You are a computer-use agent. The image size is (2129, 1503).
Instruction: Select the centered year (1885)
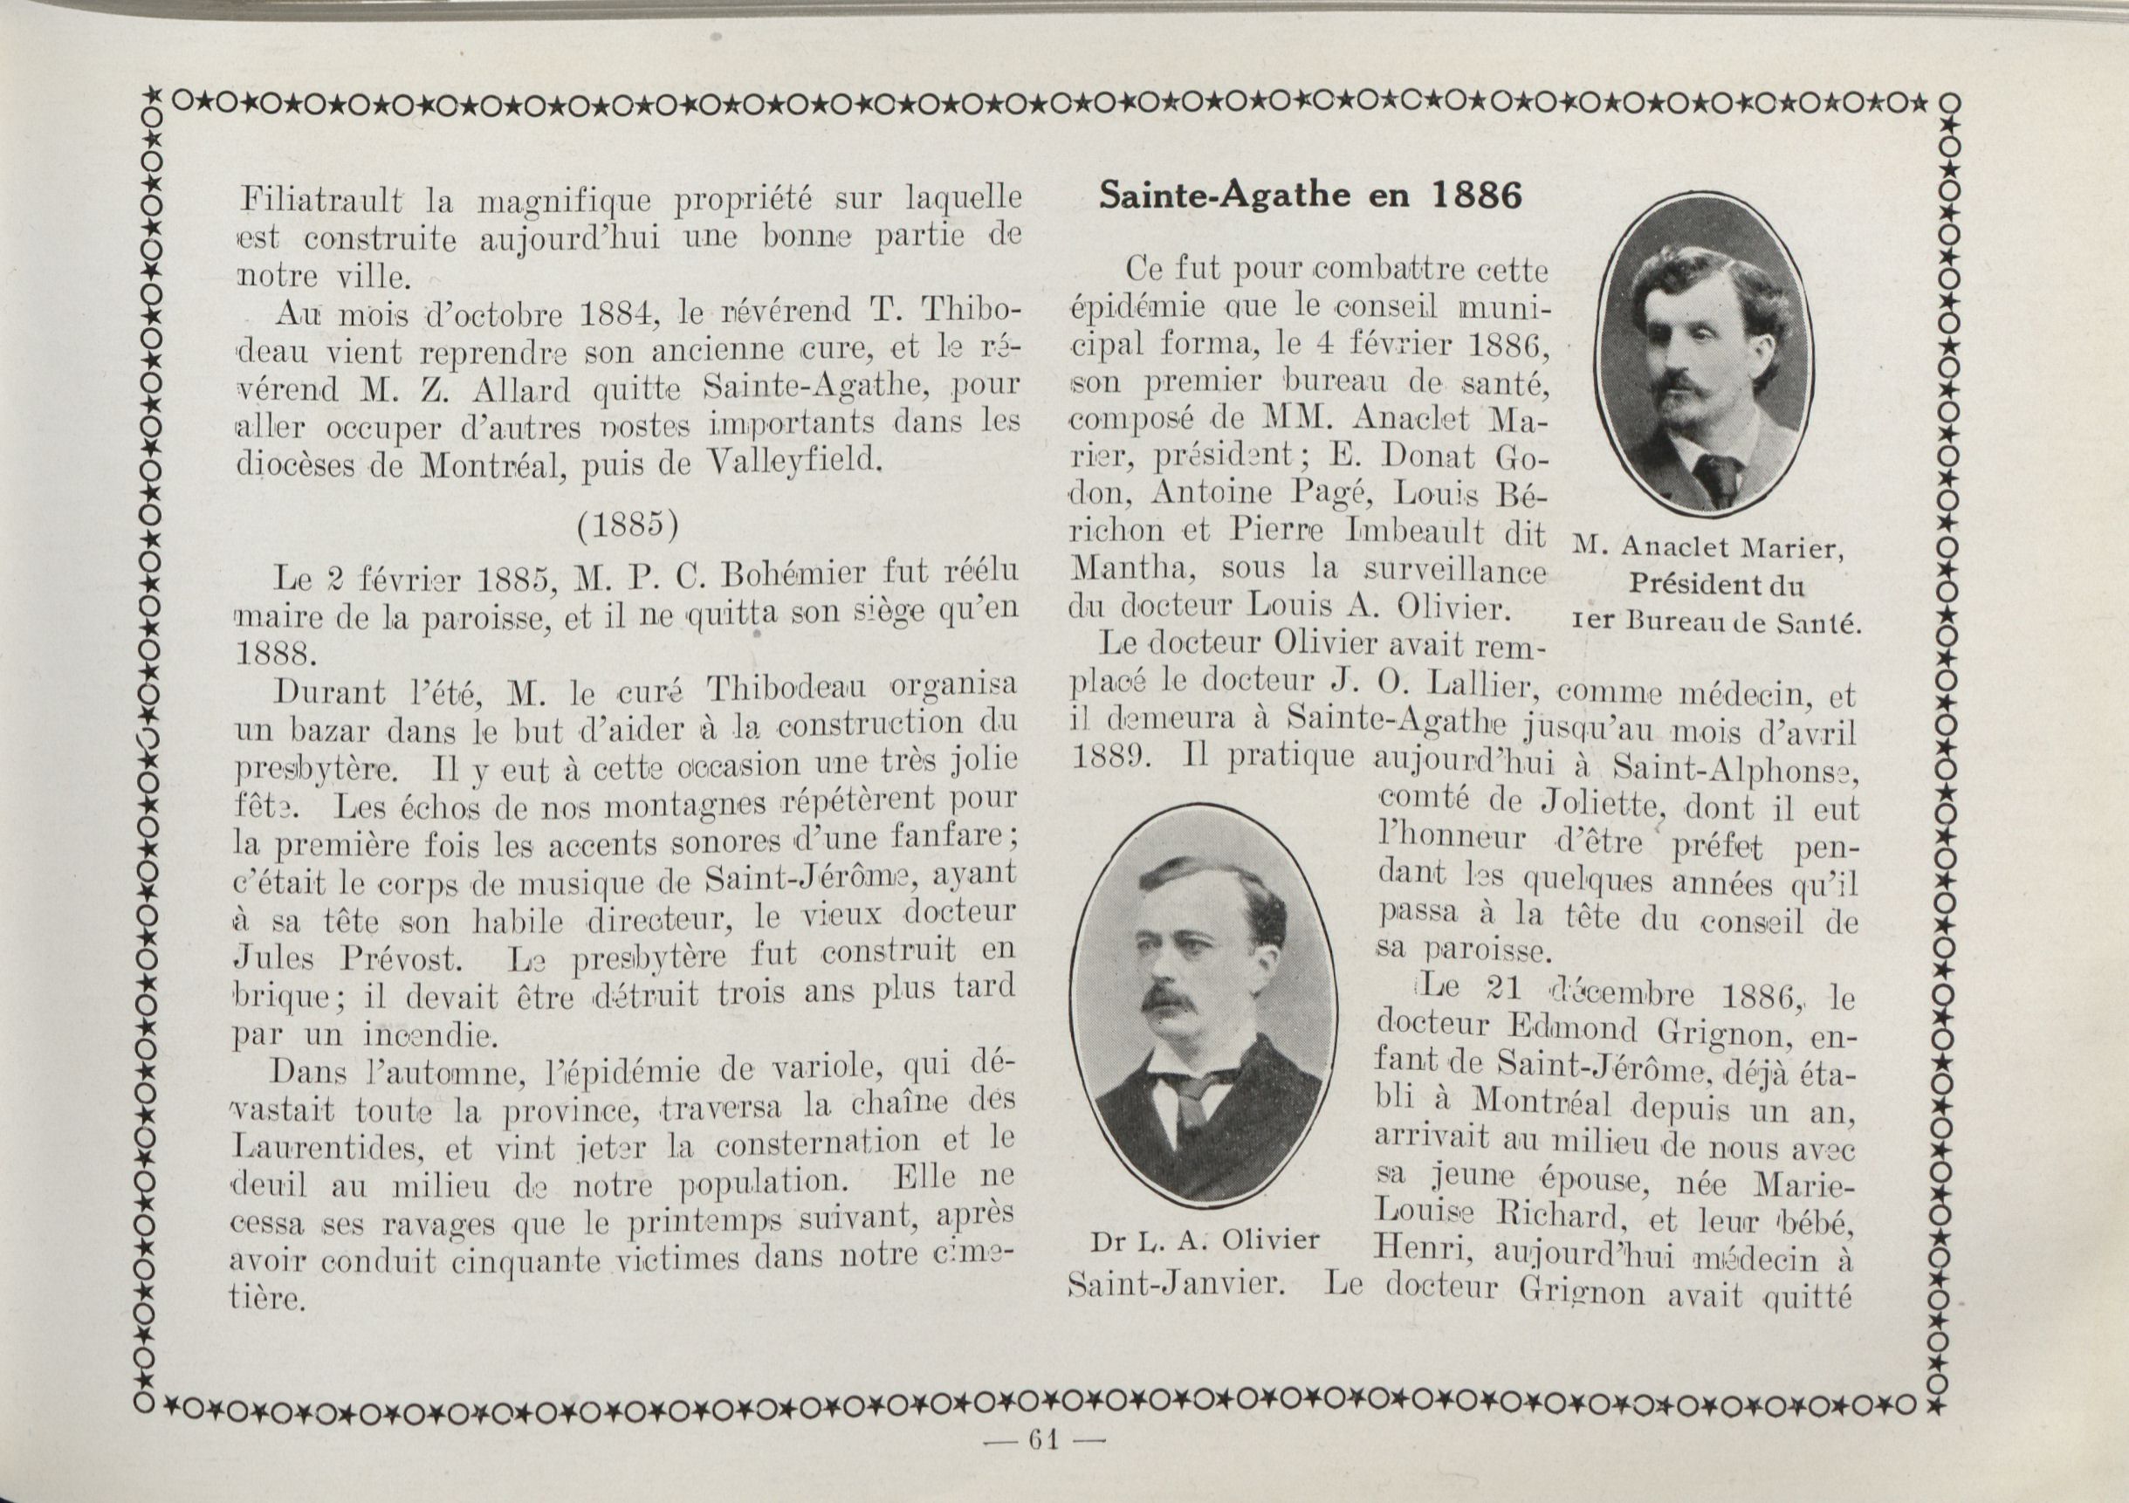(628, 525)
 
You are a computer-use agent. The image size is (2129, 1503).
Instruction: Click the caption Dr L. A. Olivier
(1205, 1240)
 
